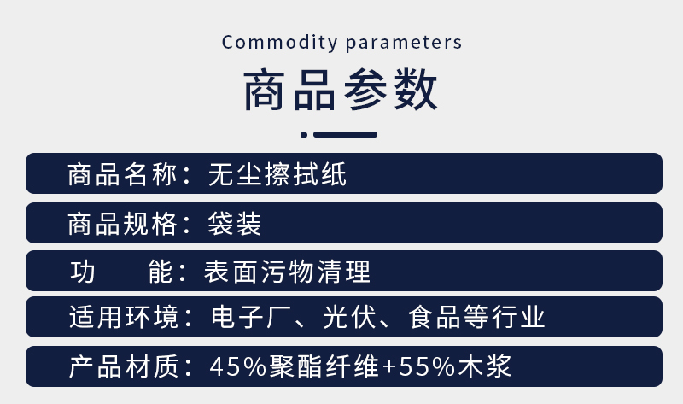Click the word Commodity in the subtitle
pyautogui.click(x=280, y=43)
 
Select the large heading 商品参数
pyautogui.click(x=341, y=90)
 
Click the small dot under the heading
pyautogui.click(x=304, y=135)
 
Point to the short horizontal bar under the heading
pyautogui.click(x=346, y=135)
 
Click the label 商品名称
pyautogui.click(x=122, y=174)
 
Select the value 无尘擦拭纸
pyautogui.click(x=277, y=174)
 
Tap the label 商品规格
pyautogui.click(x=122, y=224)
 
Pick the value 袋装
pyautogui.click(x=234, y=224)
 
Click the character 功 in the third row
pyautogui.click(x=82, y=272)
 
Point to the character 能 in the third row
pyautogui.click(x=161, y=272)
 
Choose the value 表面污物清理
pyautogui.click(x=287, y=272)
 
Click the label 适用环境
pyautogui.click(x=124, y=317)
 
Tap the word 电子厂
pyautogui.click(x=237, y=317)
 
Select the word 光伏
pyautogui.click(x=349, y=317)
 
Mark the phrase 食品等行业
pyautogui.click(x=476, y=317)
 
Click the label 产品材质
pyautogui.click(x=124, y=366)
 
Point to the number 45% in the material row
pyautogui.click(x=238, y=366)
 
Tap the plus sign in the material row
pyautogui.click(x=388, y=367)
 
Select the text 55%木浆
pyautogui.click(x=455, y=366)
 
